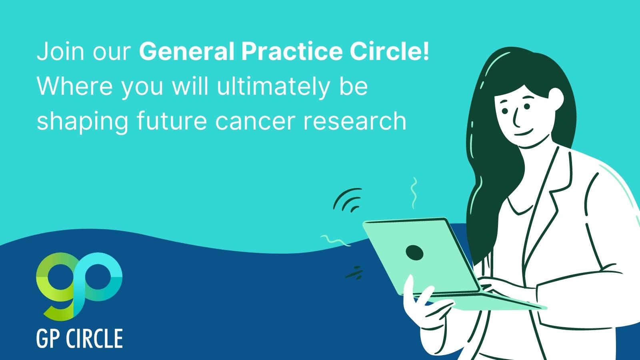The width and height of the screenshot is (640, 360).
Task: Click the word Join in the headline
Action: coord(60,52)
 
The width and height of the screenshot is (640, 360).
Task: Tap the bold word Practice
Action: coord(292,52)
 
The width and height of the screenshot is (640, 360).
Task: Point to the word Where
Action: coord(74,86)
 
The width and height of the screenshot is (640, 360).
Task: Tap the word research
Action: coord(354,121)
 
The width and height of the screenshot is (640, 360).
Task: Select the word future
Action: coord(172,121)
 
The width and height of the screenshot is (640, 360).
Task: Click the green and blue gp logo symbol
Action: coord(79,286)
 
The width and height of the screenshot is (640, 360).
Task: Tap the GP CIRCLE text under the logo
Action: coord(80,338)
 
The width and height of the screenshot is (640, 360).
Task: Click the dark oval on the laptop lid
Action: coord(414,252)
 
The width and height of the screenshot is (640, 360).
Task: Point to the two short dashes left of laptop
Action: coord(354,272)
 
